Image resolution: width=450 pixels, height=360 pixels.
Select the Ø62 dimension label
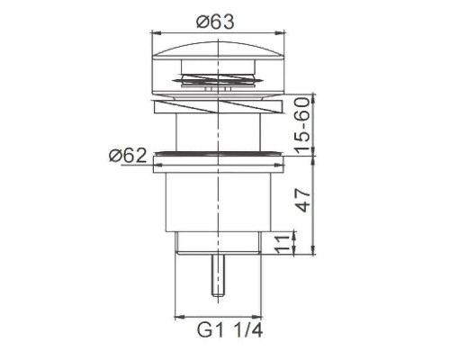pos(129,155)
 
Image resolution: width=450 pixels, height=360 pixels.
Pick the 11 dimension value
pos(281,243)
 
